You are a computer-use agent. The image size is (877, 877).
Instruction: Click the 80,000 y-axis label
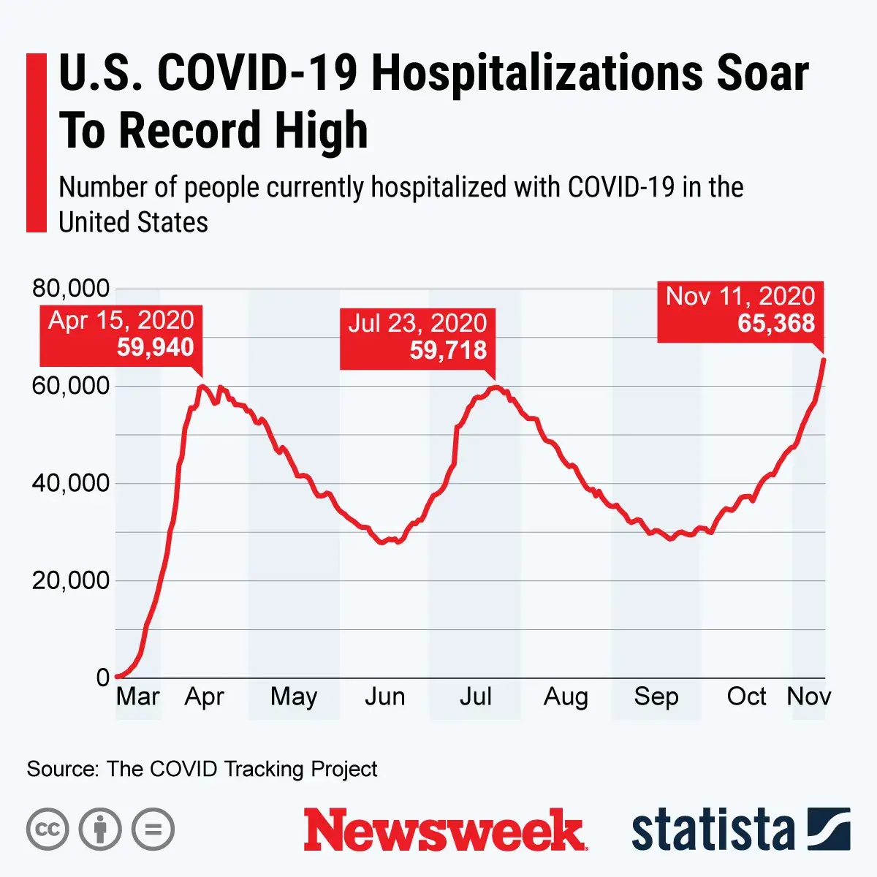(x=71, y=289)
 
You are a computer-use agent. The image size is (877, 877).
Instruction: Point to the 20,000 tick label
(x=71, y=581)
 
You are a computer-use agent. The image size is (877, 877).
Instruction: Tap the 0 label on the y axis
(x=103, y=678)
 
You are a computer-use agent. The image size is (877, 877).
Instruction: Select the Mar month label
(x=137, y=696)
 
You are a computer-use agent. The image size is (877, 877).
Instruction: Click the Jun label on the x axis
(x=384, y=696)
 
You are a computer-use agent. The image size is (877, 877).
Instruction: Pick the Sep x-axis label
(x=656, y=696)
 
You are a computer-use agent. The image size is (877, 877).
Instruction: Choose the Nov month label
(x=808, y=696)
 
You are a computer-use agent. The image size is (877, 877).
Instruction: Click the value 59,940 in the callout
(x=155, y=347)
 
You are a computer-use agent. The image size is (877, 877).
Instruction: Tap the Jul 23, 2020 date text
(x=417, y=323)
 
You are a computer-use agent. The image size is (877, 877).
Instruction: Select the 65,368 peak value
(x=775, y=323)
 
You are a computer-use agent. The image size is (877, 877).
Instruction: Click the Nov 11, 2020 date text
(x=740, y=296)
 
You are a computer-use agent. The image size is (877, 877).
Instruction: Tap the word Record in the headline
(x=190, y=130)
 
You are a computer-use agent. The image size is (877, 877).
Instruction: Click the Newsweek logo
(x=444, y=829)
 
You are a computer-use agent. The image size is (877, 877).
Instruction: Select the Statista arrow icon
(x=829, y=829)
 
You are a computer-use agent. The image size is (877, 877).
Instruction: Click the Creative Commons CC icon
(x=48, y=829)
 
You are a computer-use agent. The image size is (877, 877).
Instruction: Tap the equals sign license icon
(x=153, y=829)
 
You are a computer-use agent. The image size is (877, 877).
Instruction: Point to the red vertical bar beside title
(x=36, y=143)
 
